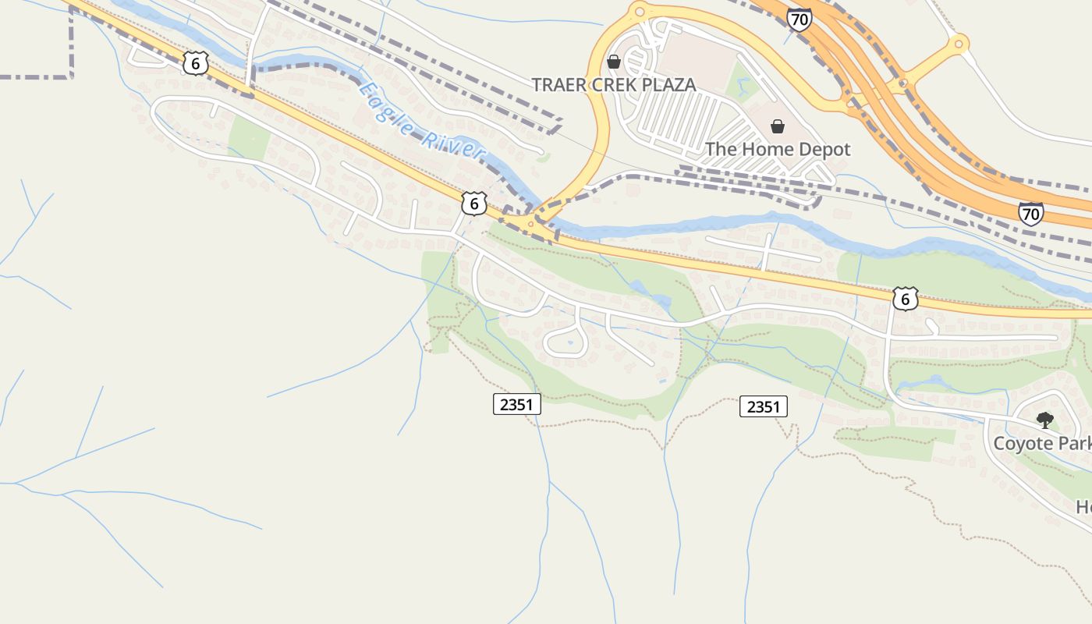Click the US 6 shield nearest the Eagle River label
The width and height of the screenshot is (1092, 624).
coord(473,204)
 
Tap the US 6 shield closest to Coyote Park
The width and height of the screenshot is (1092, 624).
coord(904,299)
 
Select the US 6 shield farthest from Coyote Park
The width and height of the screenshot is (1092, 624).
coord(196,63)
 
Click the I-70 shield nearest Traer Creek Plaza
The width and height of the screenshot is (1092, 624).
coord(798,20)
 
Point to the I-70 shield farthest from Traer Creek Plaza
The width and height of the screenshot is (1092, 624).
coord(1030,213)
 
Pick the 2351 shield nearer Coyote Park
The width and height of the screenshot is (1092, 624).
coord(763,406)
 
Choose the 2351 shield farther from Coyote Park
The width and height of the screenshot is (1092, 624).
coord(517,404)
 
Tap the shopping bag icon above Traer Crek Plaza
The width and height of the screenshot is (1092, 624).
coord(614,61)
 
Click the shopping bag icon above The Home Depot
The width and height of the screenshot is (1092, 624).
coord(777,126)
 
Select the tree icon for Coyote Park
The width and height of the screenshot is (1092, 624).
coord(1044,420)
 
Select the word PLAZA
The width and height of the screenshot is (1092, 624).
coord(671,85)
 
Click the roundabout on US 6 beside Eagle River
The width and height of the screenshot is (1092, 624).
coord(531,224)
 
